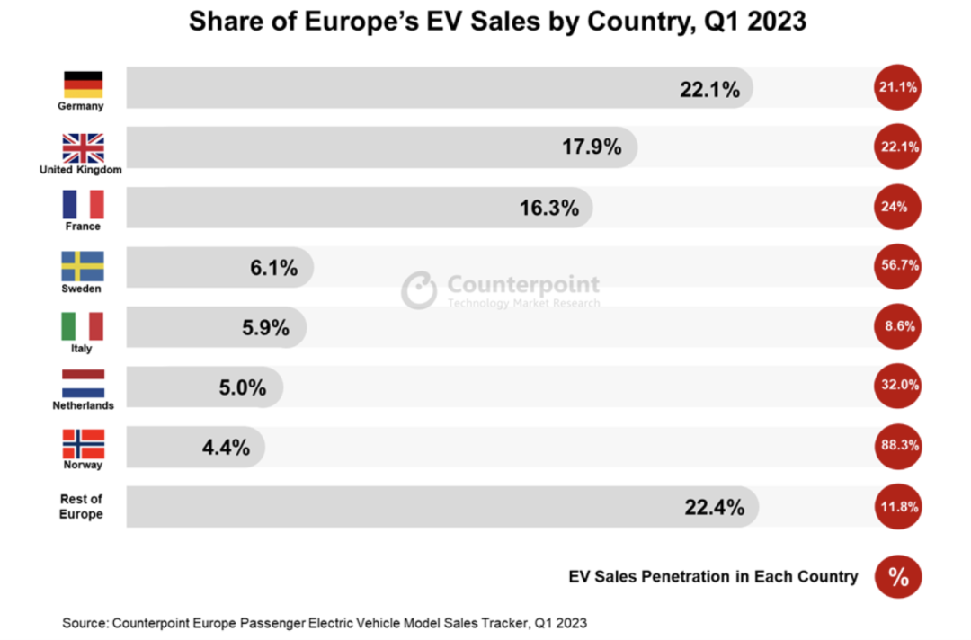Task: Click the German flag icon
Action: pos(83,84)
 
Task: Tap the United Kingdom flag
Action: pos(83,147)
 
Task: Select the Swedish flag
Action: pos(83,266)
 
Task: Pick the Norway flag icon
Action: pos(83,444)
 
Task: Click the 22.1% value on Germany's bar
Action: pos(709,89)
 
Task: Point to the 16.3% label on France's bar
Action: pos(548,208)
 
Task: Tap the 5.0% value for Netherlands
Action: pos(242,388)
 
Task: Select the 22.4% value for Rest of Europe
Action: pos(715,508)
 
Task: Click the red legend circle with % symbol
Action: pos(898,577)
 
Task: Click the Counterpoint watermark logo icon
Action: pos(419,290)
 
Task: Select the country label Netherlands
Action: pos(83,406)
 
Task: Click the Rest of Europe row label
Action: pos(82,507)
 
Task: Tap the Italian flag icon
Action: pos(83,325)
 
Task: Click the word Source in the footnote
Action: pos(84,622)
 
